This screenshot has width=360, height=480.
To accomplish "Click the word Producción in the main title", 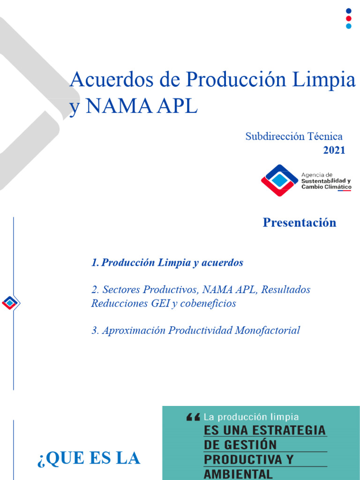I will [x=236, y=80].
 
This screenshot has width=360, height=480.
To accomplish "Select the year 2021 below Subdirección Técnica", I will [x=334, y=150].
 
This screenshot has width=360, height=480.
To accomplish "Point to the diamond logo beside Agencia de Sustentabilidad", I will [x=279, y=180].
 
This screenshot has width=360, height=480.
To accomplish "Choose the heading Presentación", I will [x=300, y=223].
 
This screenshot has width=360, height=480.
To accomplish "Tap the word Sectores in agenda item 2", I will [x=121, y=290].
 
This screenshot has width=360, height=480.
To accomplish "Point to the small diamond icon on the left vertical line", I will [x=10, y=303].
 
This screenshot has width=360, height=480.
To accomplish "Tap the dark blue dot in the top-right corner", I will [x=348, y=11].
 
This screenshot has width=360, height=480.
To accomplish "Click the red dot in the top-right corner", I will [x=348, y=18].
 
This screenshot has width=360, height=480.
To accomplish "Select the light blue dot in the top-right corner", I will [x=348, y=26].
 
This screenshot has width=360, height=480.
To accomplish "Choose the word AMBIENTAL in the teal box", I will [x=238, y=473].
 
